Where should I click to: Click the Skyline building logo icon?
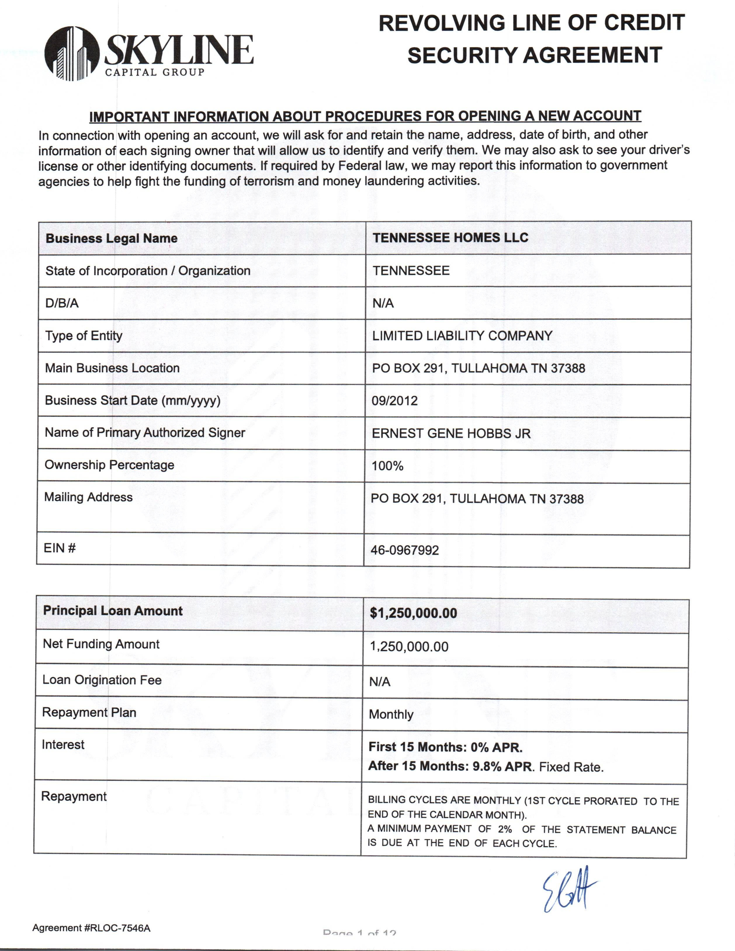pos(72,53)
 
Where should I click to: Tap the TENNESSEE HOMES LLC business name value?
pos(450,238)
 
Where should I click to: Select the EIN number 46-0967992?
pos(405,550)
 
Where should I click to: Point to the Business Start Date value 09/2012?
pos(394,401)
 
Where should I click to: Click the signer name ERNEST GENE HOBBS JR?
pos(451,433)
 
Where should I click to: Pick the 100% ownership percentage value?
pos(387,466)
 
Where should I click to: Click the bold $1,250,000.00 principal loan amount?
pos(413,613)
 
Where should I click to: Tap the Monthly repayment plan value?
pos(391,714)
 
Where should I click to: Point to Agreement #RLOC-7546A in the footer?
pos(91,928)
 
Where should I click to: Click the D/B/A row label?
pos(62,303)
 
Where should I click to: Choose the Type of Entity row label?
pos(84,336)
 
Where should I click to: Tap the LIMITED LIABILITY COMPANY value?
pos(462,336)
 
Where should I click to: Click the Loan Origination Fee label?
pos(102,680)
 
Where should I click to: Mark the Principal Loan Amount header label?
pos(113,611)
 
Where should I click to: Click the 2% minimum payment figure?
pos(505,829)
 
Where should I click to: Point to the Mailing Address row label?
pos(89,497)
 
